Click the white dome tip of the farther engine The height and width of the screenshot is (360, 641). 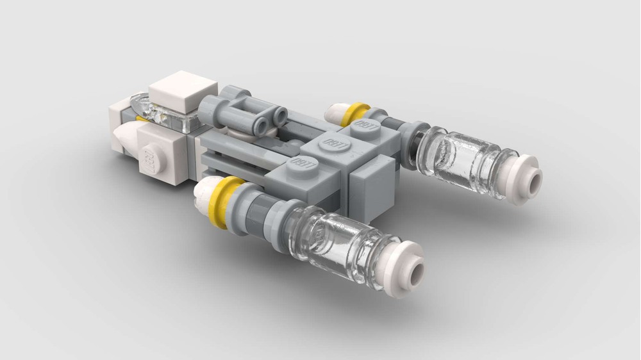(335, 111)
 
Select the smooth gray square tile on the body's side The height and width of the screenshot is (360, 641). (377, 182)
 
